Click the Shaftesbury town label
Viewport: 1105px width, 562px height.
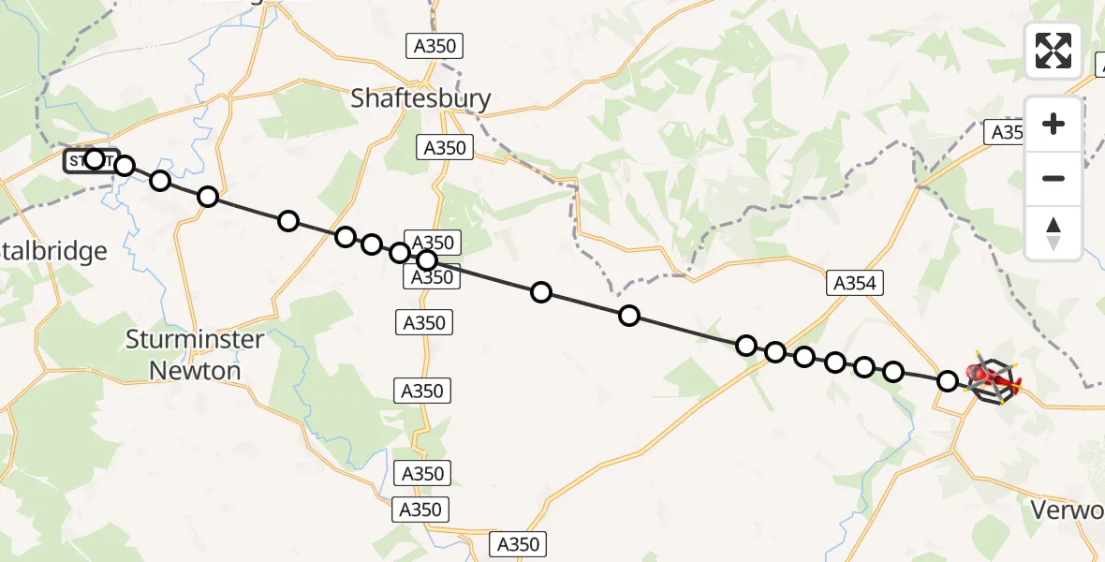coord(420,98)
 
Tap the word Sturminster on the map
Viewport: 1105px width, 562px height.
coord(195,339)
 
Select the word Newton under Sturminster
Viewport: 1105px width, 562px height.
coord(195,370)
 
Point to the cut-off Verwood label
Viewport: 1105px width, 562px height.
coord(1067,510)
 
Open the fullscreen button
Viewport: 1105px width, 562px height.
coord(1053,51)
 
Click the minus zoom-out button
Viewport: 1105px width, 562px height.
coord(1053,178)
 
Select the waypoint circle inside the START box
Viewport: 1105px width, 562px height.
coord(94,159)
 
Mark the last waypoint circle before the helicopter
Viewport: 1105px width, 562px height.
coord(948,381)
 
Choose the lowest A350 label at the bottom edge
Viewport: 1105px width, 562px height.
coord(517,544)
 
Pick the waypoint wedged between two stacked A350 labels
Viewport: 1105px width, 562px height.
coord(427,260)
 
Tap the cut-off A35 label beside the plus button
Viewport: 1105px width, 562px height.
coord(1007,133)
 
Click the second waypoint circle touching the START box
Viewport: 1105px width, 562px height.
coord(125,167)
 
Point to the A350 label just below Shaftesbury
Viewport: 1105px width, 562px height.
coord(444,148)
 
